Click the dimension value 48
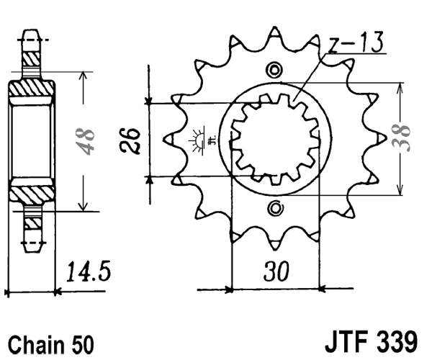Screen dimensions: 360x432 pos(86,141)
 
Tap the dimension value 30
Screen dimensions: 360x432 pos(276,273)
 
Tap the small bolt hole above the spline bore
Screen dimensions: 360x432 pos(274,70)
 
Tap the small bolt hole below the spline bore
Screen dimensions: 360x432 pos(274,209)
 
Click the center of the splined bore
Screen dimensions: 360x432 pos(274,139)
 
